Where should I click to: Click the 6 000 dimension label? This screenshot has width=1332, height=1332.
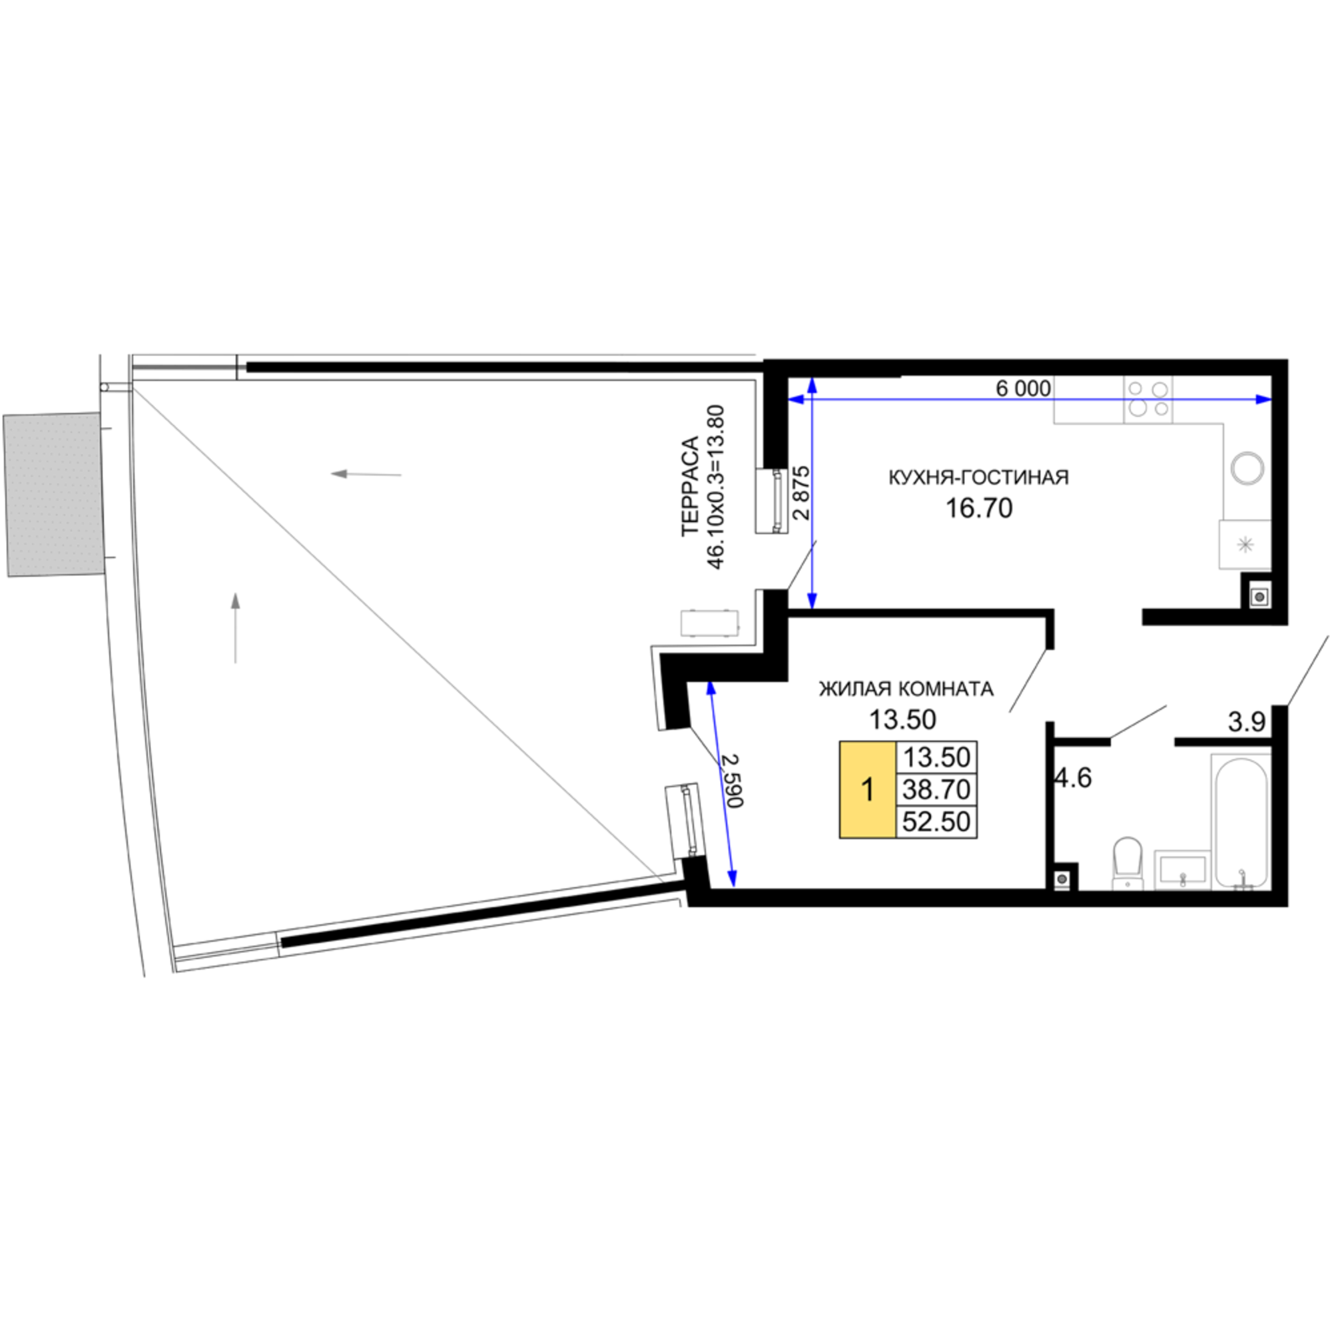(x=1023, y=388)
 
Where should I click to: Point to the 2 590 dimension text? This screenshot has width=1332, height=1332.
(x=731, y=781)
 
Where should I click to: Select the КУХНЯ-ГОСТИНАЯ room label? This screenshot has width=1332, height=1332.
(x=978, y=477)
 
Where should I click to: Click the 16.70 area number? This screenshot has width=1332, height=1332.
(x=978, y=508)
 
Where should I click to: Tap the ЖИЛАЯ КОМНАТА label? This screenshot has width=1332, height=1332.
(x=906, y=689)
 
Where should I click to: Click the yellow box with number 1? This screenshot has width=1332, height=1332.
(x=867, y=789)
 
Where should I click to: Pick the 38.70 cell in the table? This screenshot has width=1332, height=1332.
(x=936, y=789)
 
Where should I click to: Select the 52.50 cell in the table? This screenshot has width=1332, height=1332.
(x=936, y=822)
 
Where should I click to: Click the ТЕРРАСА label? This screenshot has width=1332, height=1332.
(x=690, y=486)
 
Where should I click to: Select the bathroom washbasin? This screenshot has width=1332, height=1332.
(x=1183, y=868)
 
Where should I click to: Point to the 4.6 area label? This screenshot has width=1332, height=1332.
(x=1074, y=779)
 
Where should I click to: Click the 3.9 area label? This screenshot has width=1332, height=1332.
(x=1247, y=722)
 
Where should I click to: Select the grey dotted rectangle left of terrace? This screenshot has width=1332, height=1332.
(x=54, y=494)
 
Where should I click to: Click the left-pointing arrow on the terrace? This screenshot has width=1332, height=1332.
(x=366, y=474)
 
